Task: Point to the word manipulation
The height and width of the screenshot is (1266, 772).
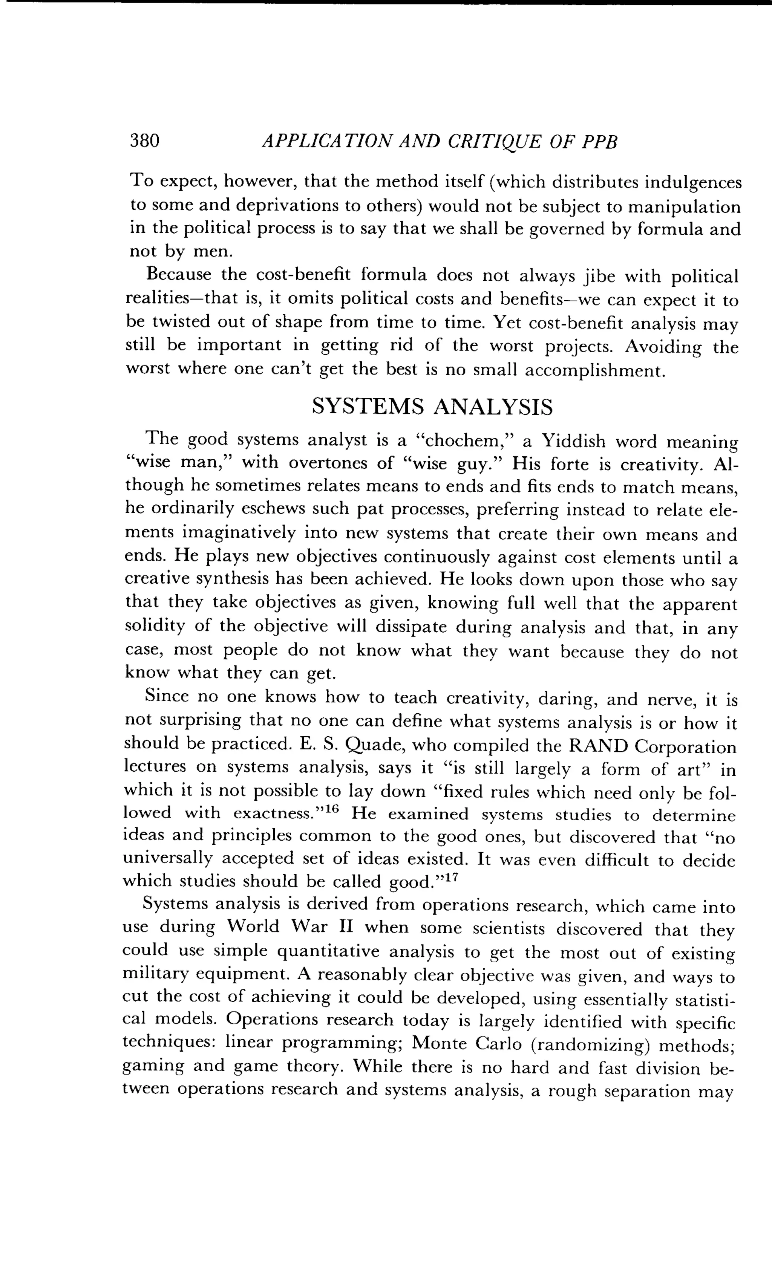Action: [x=685, y=206]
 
